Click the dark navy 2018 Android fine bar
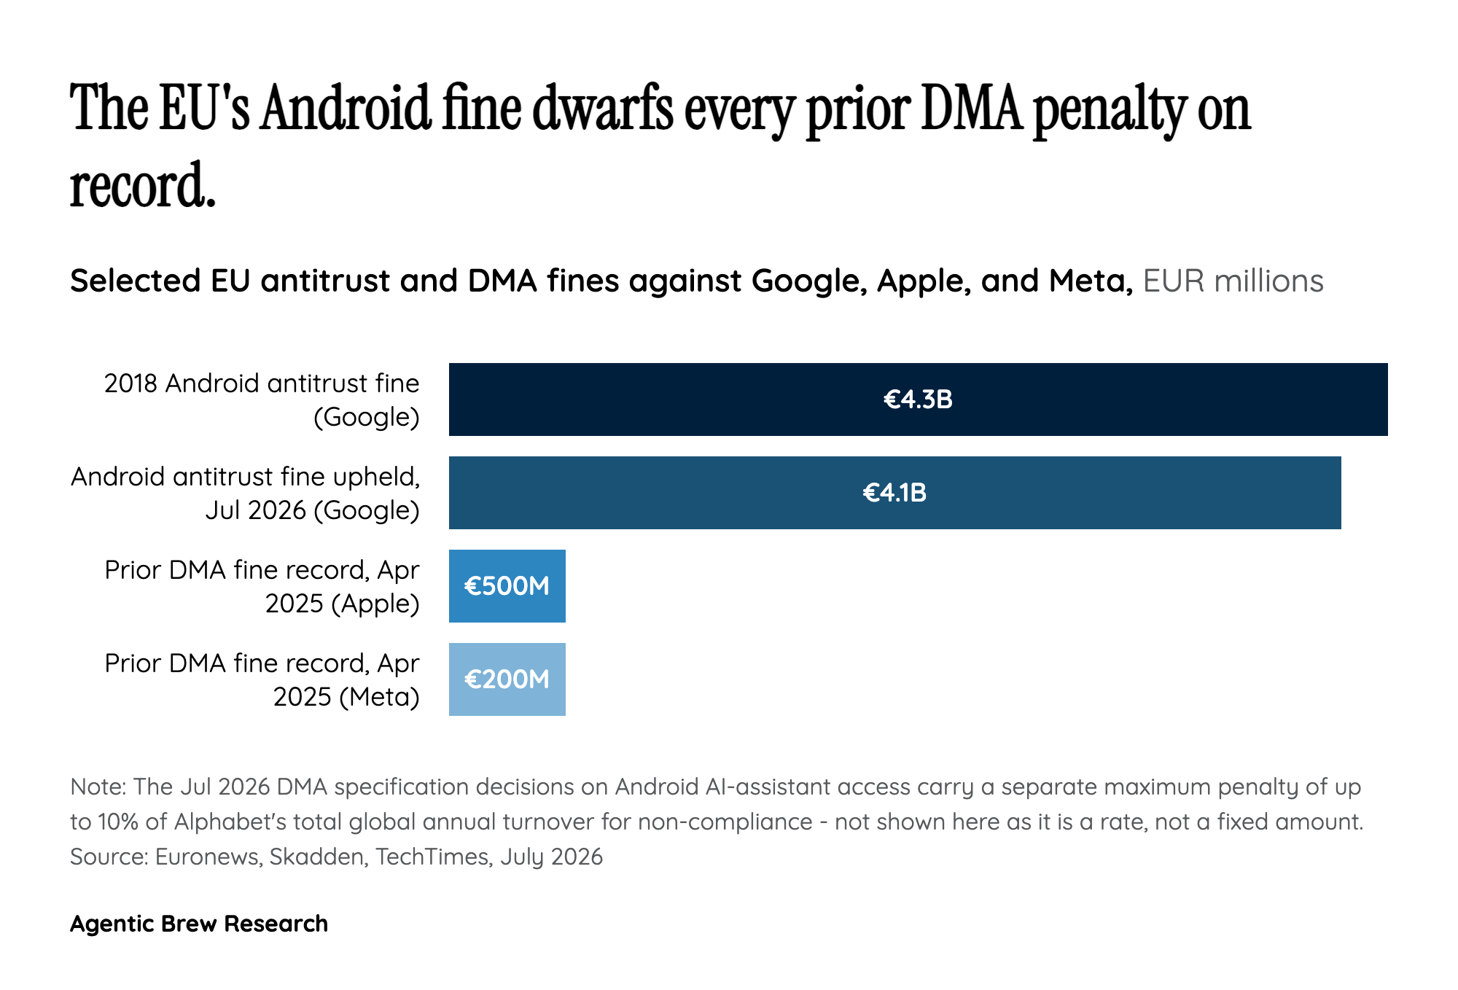tap(918, 399)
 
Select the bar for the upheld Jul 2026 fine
tap(894, 493)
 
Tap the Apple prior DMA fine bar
tap(507, 586)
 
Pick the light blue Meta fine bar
tap(507, 679)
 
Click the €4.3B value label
tap(918, 399)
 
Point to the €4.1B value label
tap(894, 493)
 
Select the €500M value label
tap(507, 586)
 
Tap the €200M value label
tap(507, 679)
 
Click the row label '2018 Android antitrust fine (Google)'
tap(262, 400)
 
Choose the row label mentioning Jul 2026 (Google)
tap(246, 494)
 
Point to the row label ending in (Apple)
tap(262, 587)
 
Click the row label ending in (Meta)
tap(262, 680)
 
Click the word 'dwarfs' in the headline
tap(603, 109)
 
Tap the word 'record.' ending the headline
tap(143, 185)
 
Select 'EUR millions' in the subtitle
tap(1233, 281)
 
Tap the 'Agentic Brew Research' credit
tap(199, 924)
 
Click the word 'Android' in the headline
tap(346, 109)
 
